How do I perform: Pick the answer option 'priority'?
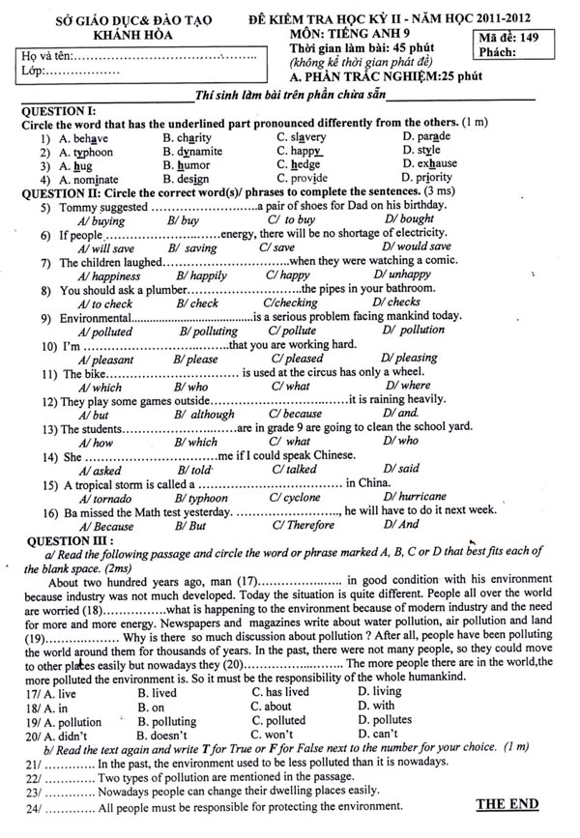click(x=428, y=178)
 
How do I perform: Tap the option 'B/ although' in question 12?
click(x=204, y=414)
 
